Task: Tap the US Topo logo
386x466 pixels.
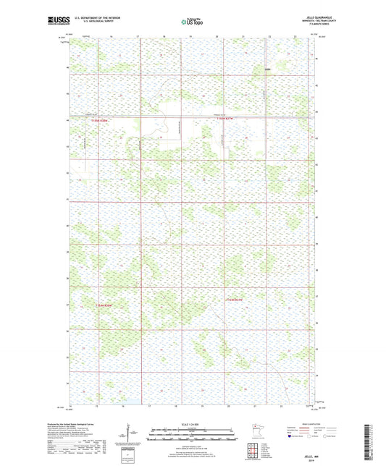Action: (x=193, y=22)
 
